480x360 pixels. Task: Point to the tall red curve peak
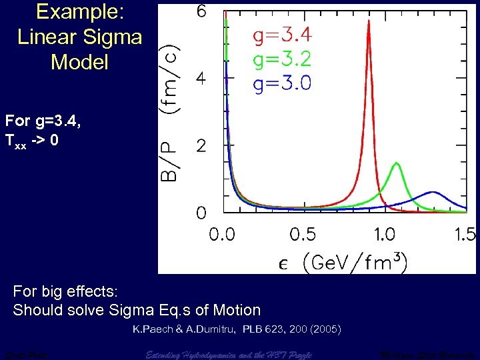tap(369, 21)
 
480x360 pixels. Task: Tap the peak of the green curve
tap(397, 163)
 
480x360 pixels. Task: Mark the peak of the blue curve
tap(433, 192)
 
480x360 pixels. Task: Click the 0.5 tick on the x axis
tap(303, 235)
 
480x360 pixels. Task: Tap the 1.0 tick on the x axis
tap(385, 235)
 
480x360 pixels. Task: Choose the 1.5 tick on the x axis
tap(464, 235)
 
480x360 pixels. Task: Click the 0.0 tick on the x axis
tap(222, 235)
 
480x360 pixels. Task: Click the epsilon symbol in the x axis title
tap(283, 263)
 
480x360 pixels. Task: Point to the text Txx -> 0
tap(36, 141)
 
